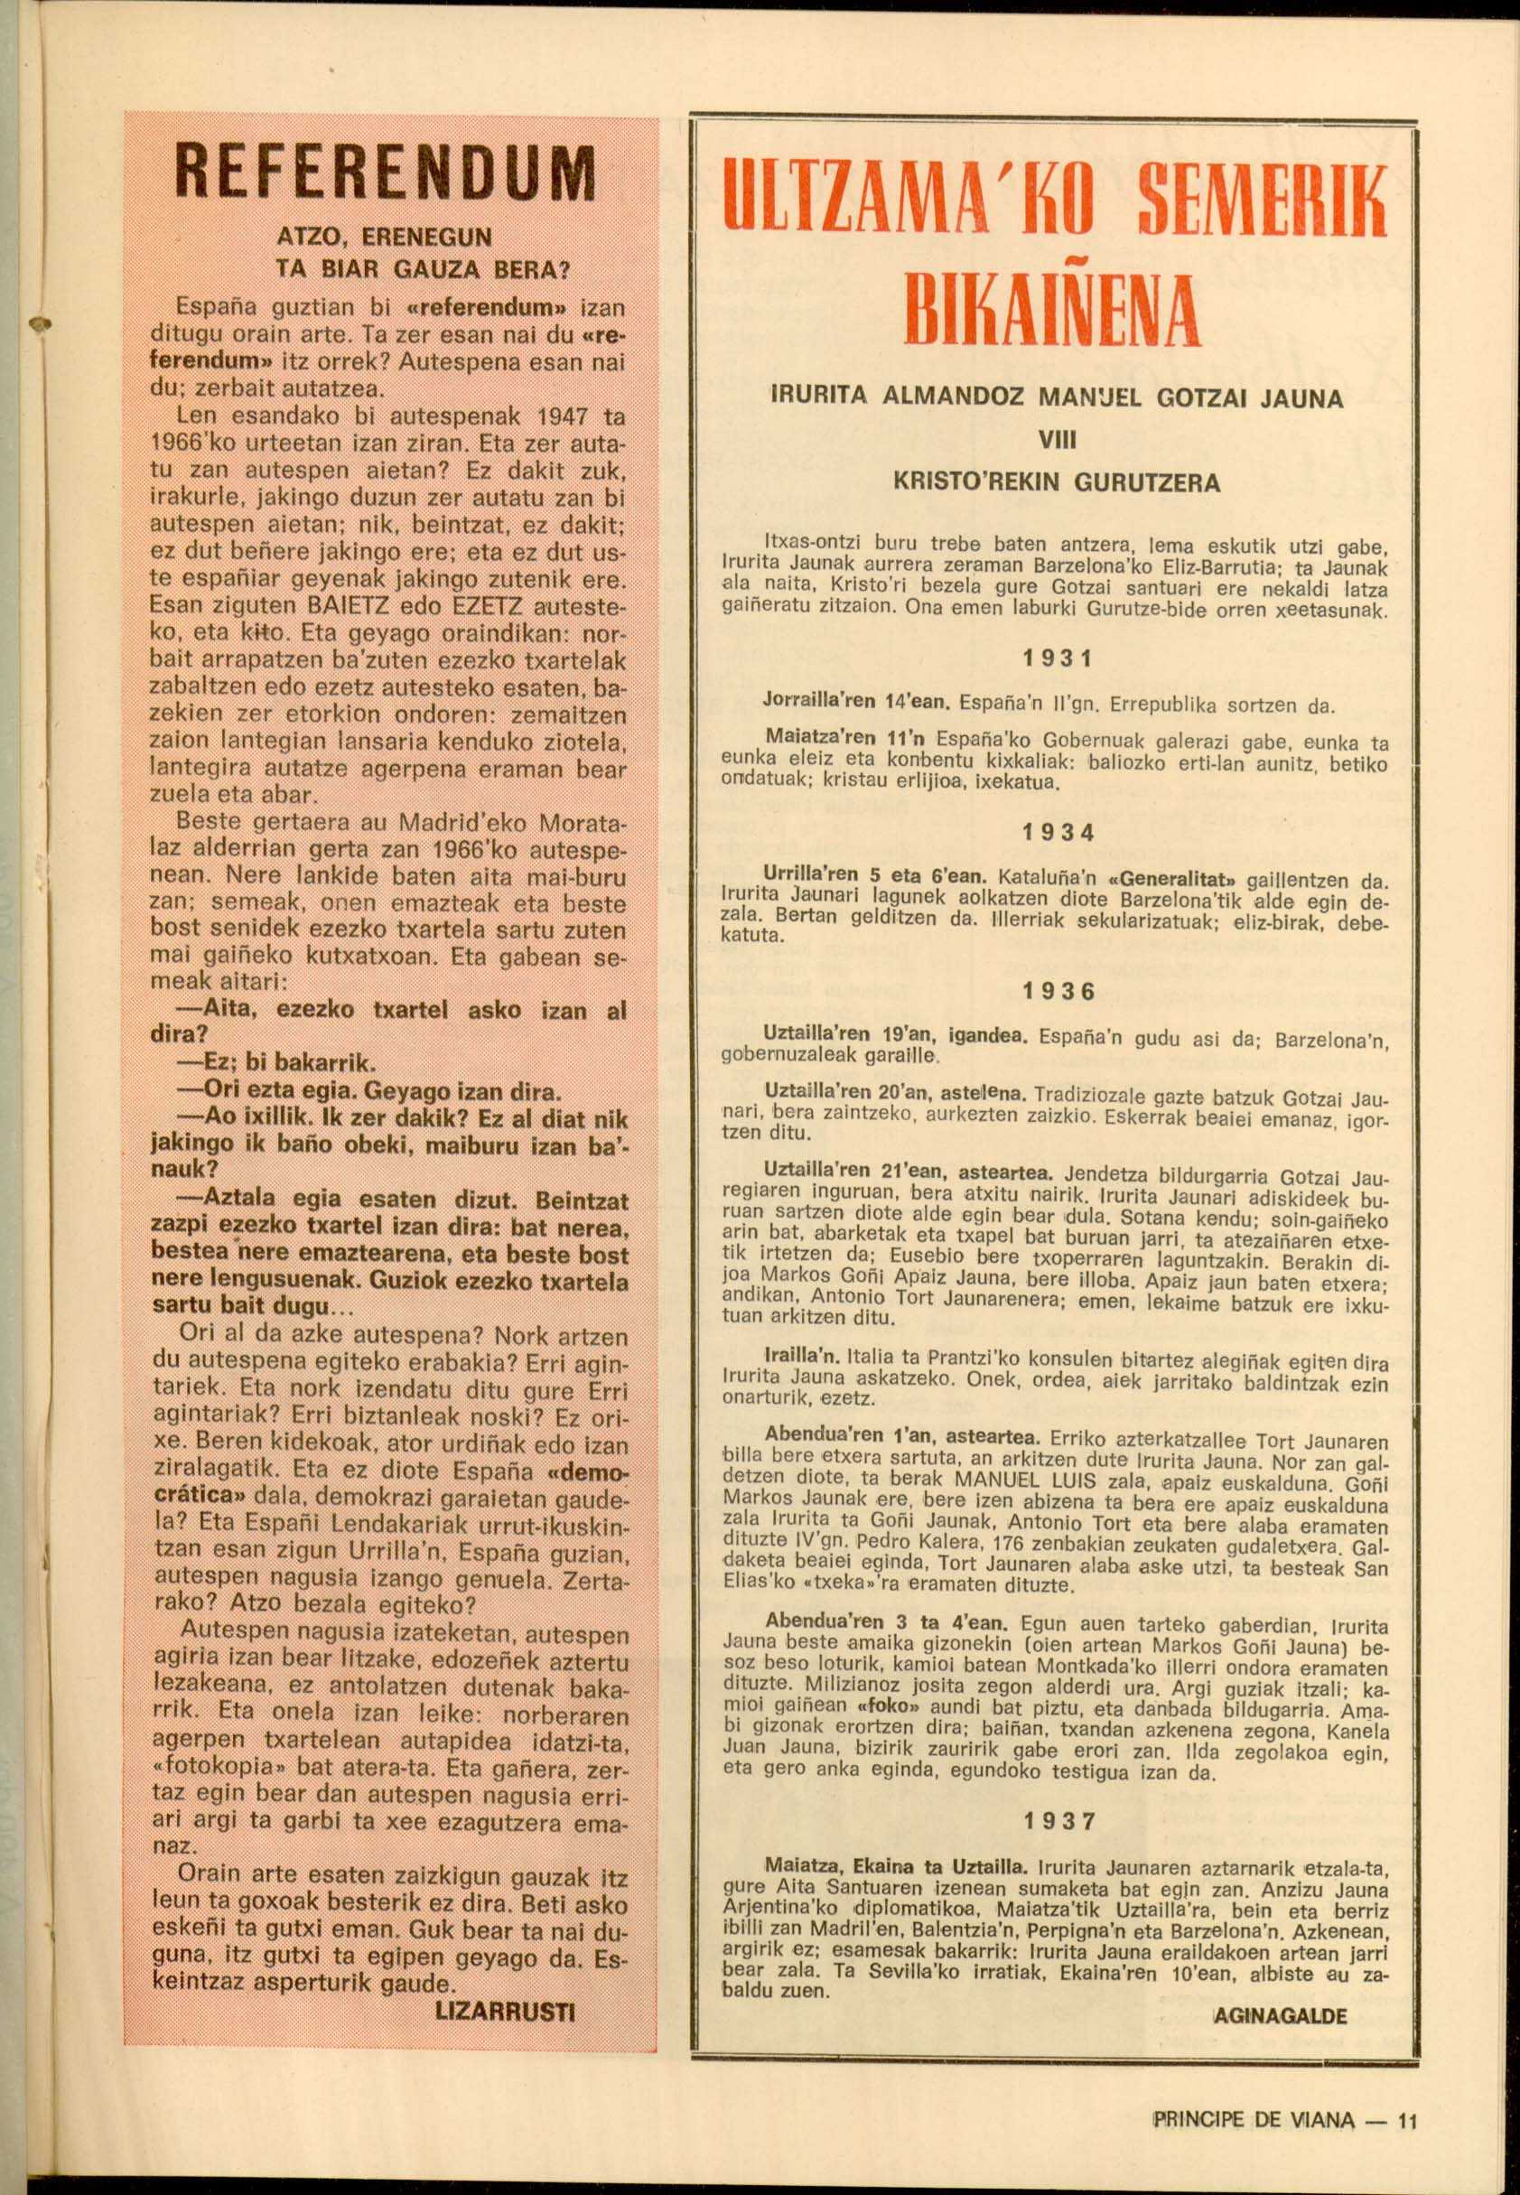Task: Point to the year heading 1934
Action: click(x=1058, y=832)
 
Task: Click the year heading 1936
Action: click(x=1058, y=991)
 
